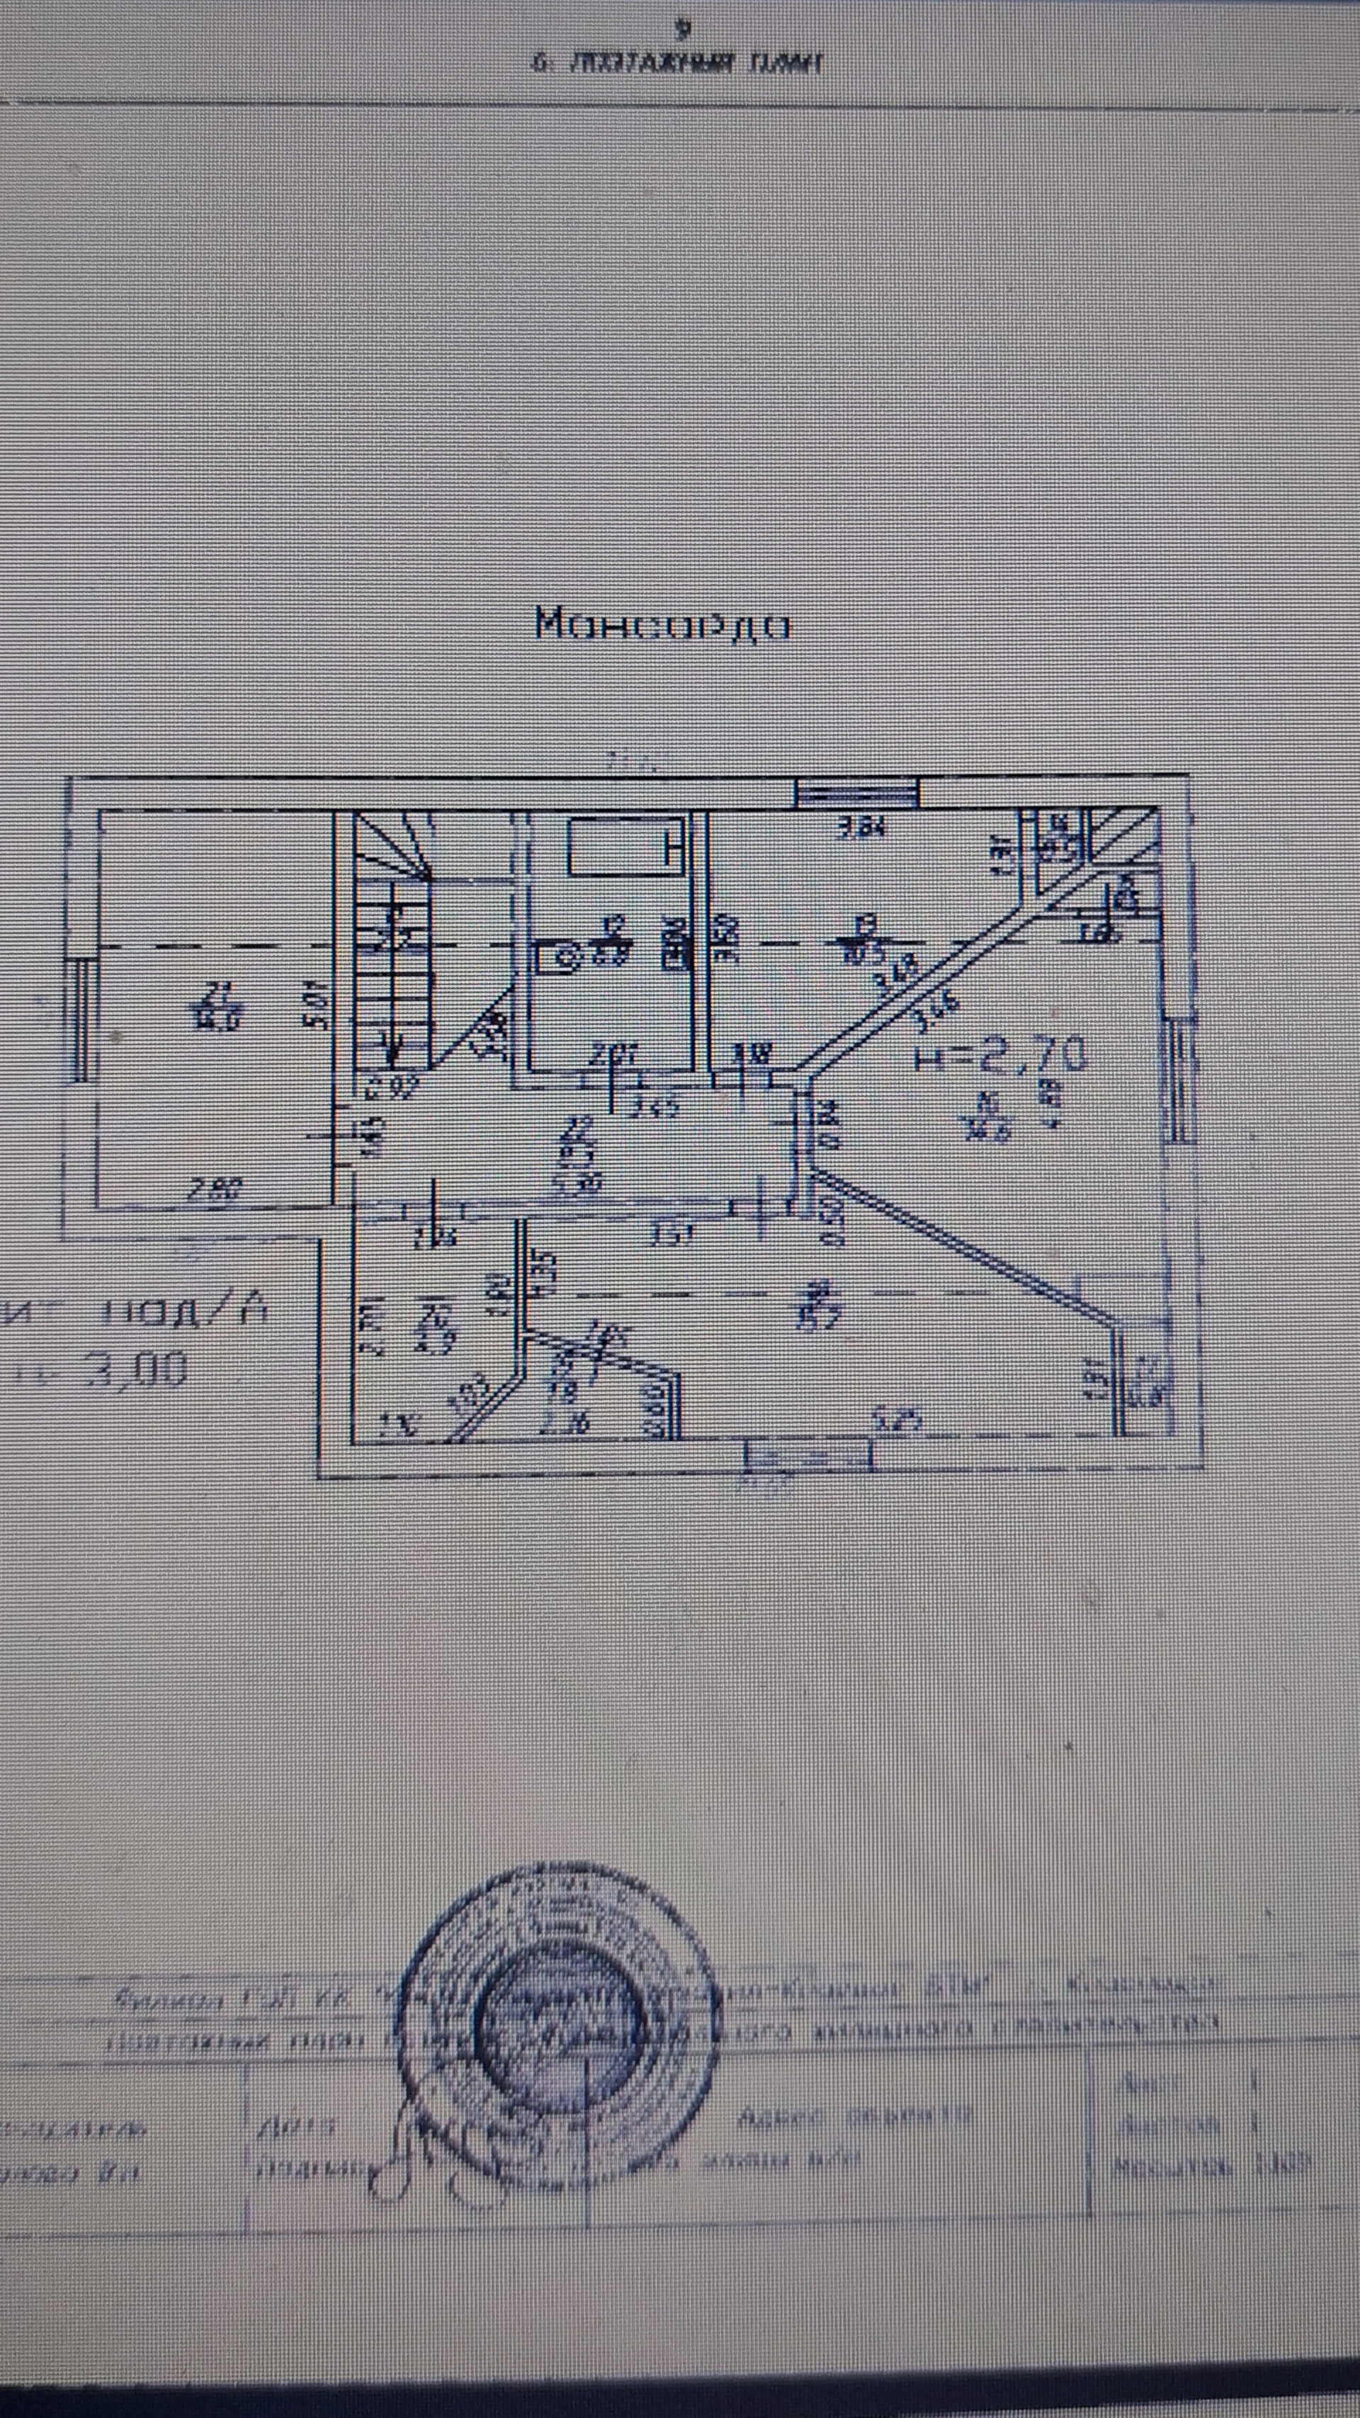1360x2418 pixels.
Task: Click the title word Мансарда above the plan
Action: [x=662, y=623]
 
